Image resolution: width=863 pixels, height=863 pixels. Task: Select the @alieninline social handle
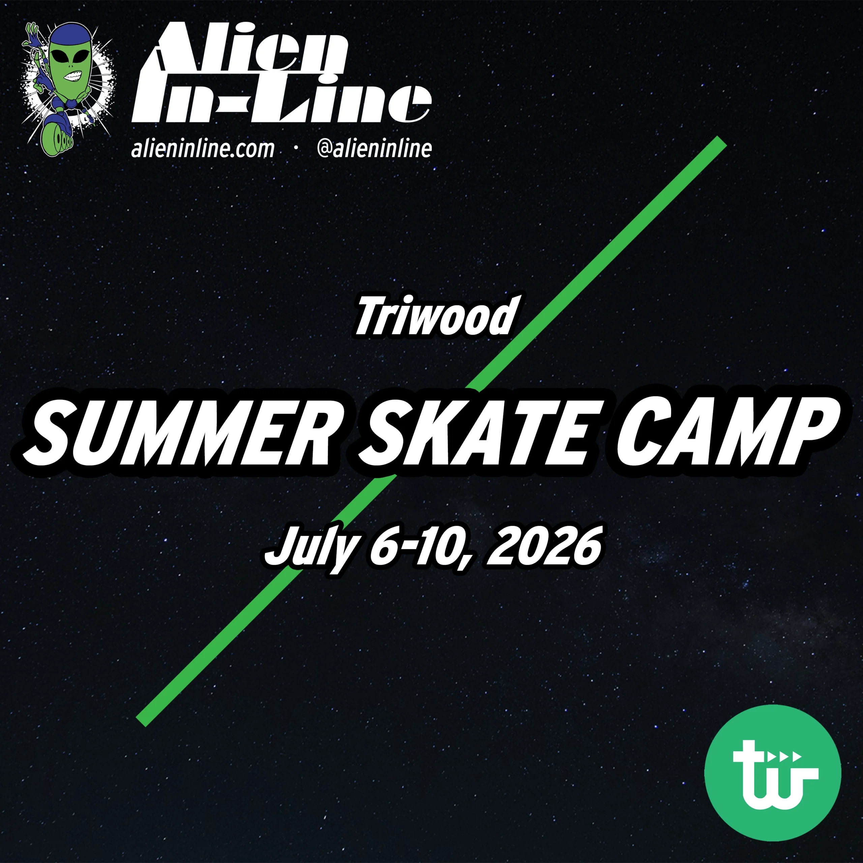pyautogui.click(x=374, y=149)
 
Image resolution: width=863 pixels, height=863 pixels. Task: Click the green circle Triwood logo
pyautogui.click(x=772, y=772)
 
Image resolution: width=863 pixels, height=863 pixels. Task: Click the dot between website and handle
pyautogui.click(x=296, y=150)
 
